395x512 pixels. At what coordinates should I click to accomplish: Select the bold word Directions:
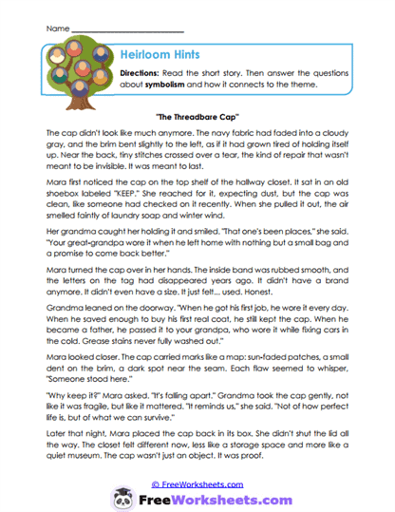142,73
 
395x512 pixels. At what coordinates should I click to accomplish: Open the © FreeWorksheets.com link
199,482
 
